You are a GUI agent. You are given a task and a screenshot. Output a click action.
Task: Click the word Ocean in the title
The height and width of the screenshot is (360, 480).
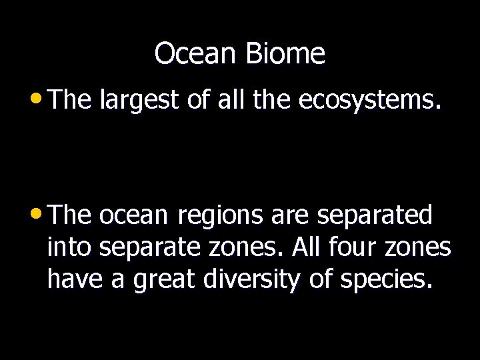[197, 54]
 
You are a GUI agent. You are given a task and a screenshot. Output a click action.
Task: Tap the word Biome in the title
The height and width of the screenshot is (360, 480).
[285, 54]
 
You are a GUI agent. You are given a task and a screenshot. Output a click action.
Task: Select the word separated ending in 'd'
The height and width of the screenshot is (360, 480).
[375, 216]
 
